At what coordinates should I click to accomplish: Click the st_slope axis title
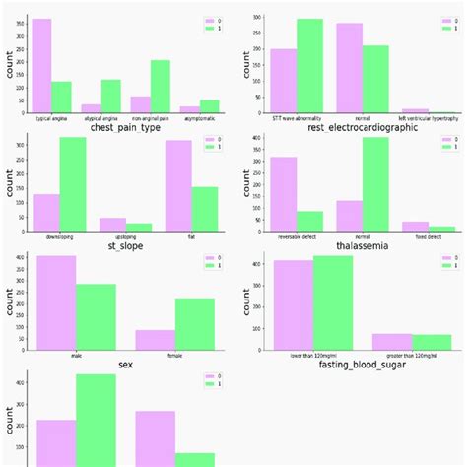[x=124, y=246]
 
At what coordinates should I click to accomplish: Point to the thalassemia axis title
[x=349, y=246]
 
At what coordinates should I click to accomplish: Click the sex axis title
[x=124, y=364]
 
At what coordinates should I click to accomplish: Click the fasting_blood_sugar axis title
[x=350, y=364]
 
